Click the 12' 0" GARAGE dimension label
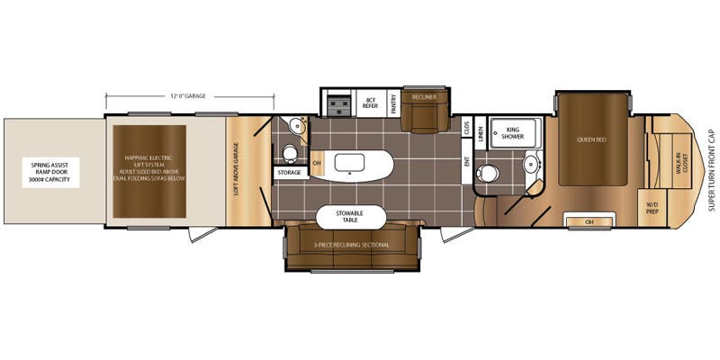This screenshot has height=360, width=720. coord(189,95)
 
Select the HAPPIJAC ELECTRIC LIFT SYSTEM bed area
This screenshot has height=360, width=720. coord(148,170)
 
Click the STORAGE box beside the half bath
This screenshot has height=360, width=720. coord(290,171)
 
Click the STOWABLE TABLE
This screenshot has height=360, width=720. coord(352,217)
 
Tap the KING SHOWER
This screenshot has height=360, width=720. coord(513,133)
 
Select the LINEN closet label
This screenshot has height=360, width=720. coord(480,133)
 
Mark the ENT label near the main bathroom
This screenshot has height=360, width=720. coord(467,162)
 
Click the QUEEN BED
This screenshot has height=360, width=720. coord(591,139)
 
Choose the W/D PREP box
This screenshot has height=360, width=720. coord(652,206)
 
